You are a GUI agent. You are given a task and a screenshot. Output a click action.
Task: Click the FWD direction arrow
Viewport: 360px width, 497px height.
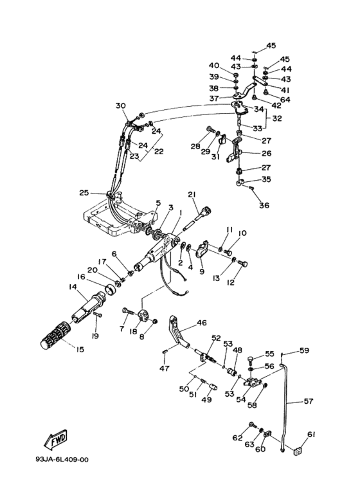[x=56, y=440]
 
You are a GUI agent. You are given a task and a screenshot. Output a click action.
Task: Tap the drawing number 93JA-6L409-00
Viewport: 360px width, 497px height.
[x=62, y=460]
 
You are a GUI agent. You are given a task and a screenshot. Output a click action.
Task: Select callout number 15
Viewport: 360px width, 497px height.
[x=80, y=349]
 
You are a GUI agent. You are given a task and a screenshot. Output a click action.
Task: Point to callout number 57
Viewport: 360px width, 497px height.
[x=309, y=401]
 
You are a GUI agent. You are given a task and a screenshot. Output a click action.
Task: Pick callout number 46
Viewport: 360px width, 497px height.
[x=202, y=323]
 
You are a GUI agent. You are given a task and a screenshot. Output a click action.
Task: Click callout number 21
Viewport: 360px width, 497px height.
[x=192, y=194]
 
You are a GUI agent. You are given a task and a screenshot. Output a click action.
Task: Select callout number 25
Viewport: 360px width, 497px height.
[x=84, y=192]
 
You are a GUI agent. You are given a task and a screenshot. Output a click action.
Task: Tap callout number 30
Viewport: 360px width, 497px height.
[x=120, y=105]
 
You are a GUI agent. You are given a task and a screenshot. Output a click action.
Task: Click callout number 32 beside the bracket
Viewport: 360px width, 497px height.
[x=277, y=118]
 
